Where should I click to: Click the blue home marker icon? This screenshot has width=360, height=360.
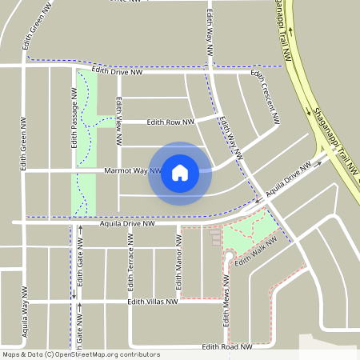(x=180, y=172)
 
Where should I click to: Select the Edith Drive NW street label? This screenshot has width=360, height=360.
(x=119, y=70)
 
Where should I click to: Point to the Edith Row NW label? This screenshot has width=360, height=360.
(x=170, y=122)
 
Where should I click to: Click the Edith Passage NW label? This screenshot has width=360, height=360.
(x=74, y=118)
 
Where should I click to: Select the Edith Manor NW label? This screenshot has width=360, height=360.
(x=179, y=268)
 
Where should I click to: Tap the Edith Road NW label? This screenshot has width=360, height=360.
(x=227, y=346)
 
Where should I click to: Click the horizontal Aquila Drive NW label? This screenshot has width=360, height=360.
(x=126, y=224)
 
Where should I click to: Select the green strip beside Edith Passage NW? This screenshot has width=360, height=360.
(x=85, y=144)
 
